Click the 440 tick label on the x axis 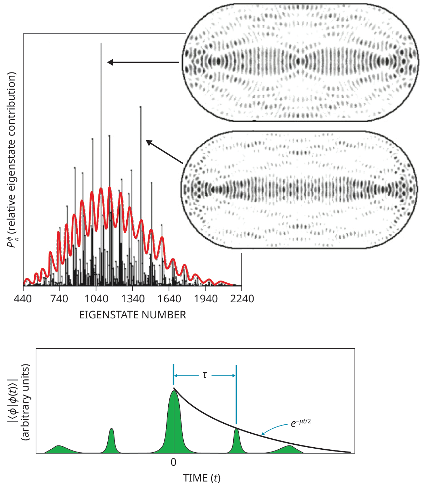coord(23,298)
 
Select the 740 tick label coord(59,298)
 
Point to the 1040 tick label coord(96,298)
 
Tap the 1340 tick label coord(133,298)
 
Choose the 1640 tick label coord(169,298)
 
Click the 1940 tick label coord(206,298)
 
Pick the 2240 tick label coord(242,298)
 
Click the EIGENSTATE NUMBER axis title coord(132,315)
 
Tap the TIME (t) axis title coord(202,478)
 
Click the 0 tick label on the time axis coord(173,462)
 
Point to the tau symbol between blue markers coord(205,375)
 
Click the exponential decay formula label coord(301,423)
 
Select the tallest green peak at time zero coord(174,421)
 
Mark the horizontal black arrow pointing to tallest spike coord(143,62)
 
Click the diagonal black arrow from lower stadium coord(164,152)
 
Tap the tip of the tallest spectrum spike coord(101,44)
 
